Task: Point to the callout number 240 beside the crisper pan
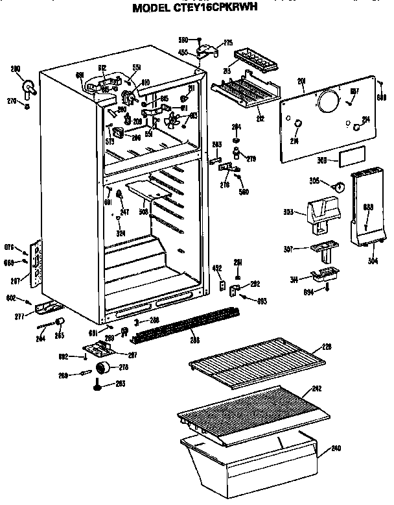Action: pos(336,448)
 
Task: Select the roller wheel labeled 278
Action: pos(102,369)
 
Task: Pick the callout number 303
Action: pos(288,212)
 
